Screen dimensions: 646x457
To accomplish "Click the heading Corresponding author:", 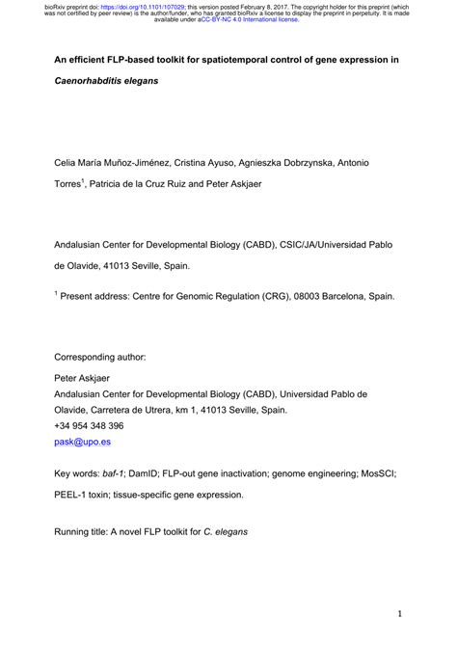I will point(99,356).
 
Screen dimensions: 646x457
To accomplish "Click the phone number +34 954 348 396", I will point(89,425).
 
